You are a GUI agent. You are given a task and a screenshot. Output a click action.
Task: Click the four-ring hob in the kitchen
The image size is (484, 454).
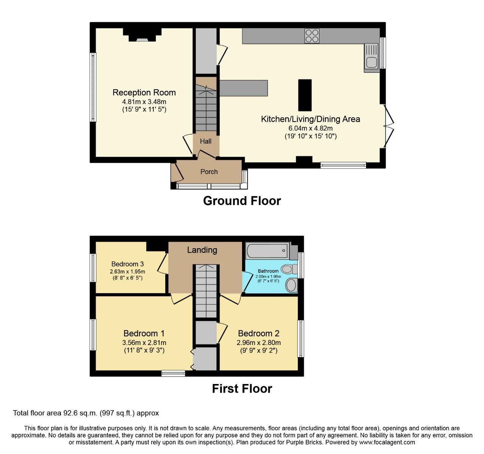pyautogui.click(x=312, y=36)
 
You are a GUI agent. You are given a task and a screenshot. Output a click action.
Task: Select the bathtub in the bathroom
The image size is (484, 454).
pyautogui.click(x=268, y=250)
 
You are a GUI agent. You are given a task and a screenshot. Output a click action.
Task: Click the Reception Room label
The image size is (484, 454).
pyautogui.click(x=144, y=92)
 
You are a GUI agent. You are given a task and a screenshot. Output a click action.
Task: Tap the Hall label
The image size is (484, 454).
pyautogui.click(x=206, y=141)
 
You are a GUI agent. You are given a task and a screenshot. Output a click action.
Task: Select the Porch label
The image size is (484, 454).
pyautogui.click(x=209, y=172)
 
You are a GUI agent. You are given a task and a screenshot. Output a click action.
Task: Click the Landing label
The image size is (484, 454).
pyautogui.click(x=202, y=250)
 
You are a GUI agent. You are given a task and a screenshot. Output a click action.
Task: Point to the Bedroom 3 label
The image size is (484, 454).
pyautogui.click(x=127, y=264)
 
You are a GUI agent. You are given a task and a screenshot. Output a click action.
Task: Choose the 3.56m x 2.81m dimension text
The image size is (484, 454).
pyautogui.click(x=144, y=342)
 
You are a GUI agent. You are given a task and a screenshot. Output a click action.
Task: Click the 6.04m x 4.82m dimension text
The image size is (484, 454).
pyautogui.click(x=310, y=128)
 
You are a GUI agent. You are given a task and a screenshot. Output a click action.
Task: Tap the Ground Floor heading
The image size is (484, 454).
pyautogui.click(x=242, y=201)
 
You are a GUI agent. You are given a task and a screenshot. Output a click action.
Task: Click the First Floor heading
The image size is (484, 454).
pyautogui.click(x=242, y=389)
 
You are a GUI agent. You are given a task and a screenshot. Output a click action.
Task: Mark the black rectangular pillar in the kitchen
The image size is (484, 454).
pyautogui.click(x=305, y=95)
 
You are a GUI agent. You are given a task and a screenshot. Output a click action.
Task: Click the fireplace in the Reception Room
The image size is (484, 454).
pyautogui.click(x=142, y=35)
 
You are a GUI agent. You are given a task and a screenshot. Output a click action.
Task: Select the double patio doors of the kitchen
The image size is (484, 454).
pyautogui.click(x=388, y=126)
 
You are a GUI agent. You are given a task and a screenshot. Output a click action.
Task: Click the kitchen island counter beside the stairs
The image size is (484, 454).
pyautogui.click(x=244, y=88)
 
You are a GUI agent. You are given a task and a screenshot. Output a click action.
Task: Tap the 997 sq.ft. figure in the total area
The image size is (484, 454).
pyautogui.click(x=117, y=413)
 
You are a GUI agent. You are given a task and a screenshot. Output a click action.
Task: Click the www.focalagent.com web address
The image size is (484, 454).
pyautogui.click(x=387, y=442)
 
